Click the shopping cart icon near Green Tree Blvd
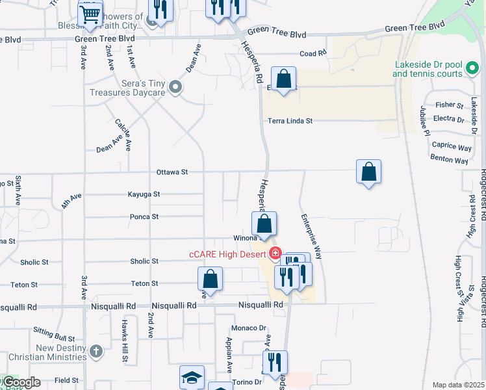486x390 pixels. [90, 14]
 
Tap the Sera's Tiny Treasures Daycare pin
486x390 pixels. [175, 87]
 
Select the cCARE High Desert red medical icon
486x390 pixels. [275, 252]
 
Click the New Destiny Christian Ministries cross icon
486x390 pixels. [96, 352]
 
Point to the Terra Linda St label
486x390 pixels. [290, 121]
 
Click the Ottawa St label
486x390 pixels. [172, 172]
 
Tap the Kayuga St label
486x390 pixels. [144, 194]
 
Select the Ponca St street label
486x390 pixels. [144, 216]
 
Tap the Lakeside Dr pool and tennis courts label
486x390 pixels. [428, 69]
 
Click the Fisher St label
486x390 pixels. [449, 105]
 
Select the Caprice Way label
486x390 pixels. [452, 148]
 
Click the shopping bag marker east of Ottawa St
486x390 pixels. [368, 172]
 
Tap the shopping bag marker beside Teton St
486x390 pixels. [210, 280]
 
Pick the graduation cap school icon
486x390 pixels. [192, 378]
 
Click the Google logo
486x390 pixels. [21, 383]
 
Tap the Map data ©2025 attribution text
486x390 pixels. [458, 385]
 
